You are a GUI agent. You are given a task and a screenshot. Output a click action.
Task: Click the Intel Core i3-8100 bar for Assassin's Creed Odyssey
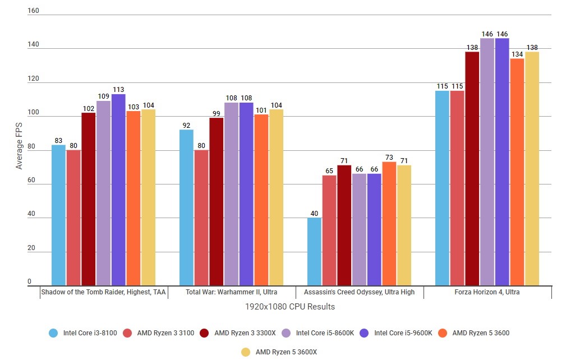[x=315, y=252]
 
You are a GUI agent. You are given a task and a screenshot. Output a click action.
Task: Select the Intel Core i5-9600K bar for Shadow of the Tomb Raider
[x=118, y=190]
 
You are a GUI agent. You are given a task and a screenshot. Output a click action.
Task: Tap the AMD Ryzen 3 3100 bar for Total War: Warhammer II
[x=201, y=218]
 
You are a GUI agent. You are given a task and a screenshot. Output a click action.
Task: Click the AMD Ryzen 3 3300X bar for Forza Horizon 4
[x=472, y=169]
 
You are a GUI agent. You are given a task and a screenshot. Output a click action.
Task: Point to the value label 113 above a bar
[x=118, y=89]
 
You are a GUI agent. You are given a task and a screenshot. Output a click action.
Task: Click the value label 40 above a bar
[x=315, y=213]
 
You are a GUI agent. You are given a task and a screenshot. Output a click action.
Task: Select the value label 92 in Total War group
[x=186, y=125]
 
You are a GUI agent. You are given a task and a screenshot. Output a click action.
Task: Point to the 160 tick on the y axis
[x=33, y=11]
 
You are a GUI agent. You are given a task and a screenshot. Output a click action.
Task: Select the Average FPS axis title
[x=19, y=146]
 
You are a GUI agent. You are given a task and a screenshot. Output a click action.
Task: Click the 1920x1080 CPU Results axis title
[x=289, y=307]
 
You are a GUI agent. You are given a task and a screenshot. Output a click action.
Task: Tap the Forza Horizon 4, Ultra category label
[x=487, y=292]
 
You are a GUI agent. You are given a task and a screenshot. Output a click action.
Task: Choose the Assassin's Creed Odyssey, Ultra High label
[x=359, y=292]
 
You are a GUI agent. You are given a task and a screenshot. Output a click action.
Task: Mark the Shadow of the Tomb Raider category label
[x=104, y=292]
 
